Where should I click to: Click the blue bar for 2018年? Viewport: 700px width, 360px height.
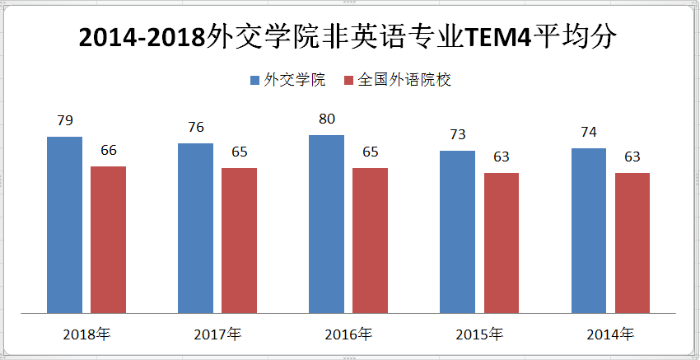64,225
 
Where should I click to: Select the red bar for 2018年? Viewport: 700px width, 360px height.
108,240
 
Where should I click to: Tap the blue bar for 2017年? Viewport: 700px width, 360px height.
195,228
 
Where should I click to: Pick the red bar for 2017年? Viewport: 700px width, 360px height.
239,241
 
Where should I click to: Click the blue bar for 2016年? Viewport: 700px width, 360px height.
326,224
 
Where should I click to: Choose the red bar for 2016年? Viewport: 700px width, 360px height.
370,241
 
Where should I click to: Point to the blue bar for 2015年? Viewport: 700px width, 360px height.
457,232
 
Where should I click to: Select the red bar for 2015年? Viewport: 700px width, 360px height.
501,243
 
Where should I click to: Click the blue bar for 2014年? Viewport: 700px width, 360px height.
588,231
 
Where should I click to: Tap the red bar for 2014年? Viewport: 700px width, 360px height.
632,243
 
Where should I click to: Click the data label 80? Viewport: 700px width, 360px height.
326,119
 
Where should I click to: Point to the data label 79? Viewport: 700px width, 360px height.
64,121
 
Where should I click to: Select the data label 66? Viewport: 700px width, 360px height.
108,151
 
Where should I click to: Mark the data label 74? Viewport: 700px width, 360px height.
588,133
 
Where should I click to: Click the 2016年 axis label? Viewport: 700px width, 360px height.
348,334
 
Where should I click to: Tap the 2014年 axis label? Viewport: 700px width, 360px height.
609,334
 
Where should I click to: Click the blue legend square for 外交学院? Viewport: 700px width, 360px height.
255,80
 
